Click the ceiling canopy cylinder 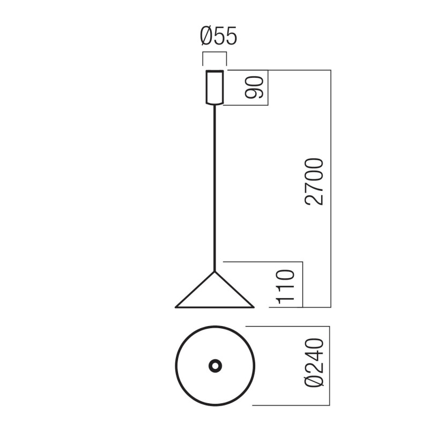[x=214, y=86]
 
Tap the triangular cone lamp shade [x=214, y=295]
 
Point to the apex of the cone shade [x=215, y=272]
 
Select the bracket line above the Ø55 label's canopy [x=214, y=52]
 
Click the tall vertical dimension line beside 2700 [x=330, y=188]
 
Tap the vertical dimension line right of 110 [x=304, y=284]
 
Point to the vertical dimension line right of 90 [x=268, y=87]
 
